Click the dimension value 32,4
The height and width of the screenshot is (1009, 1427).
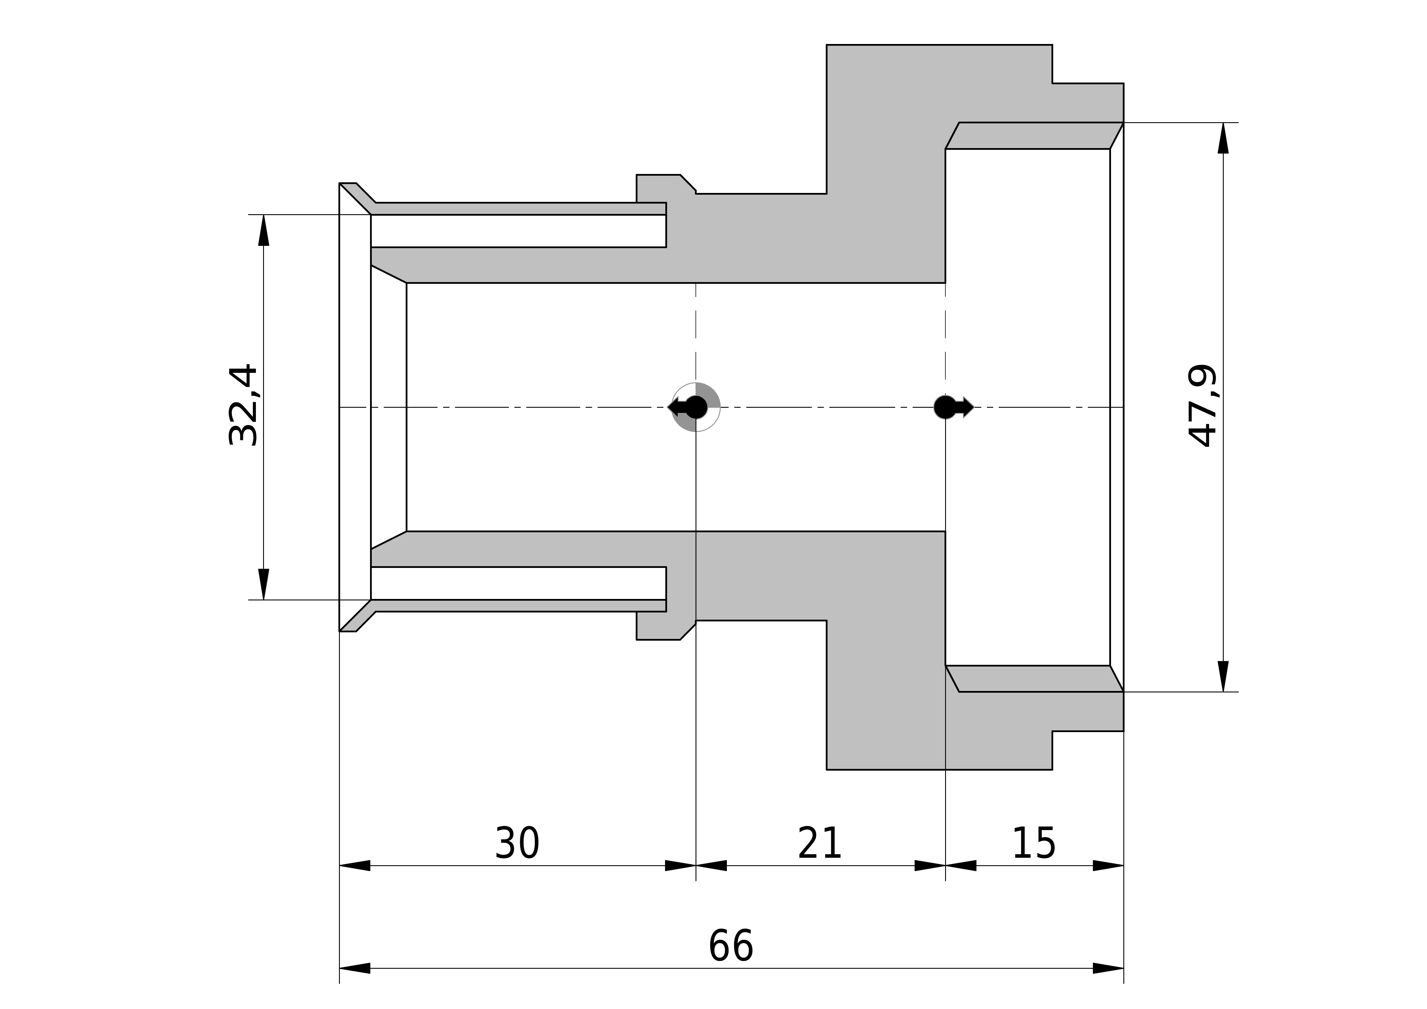pos(243,405)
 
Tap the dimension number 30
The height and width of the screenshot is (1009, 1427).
pos(517,844)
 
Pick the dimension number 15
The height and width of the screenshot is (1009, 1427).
pos(1034,844)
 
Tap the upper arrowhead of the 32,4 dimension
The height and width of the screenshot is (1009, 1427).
pos(264,230)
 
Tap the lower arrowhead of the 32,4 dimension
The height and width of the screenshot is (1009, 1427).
pos(264,584)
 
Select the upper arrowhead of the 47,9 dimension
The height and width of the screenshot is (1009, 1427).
pos(1223,138)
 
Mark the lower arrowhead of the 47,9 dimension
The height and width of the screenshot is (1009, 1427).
pos(1223,676)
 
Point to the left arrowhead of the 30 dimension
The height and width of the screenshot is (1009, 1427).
pos(355,866)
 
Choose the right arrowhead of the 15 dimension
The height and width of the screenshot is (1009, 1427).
pos(1108,866)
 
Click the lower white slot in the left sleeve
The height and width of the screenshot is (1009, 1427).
pos(518,583)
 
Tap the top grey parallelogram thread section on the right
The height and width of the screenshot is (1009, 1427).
pos(1034,135)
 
